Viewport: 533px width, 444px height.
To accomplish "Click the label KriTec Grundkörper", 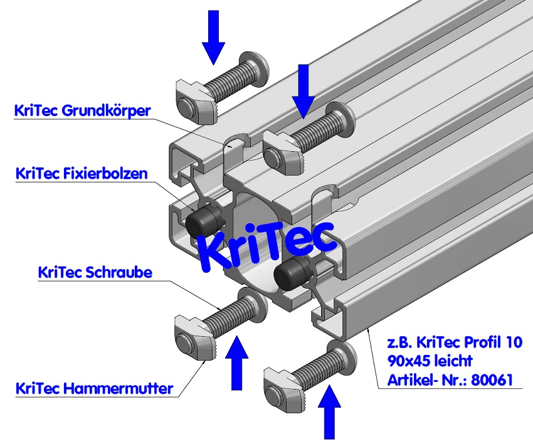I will pos(82,112).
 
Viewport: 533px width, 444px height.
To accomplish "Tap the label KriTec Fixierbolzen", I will pos(81,173).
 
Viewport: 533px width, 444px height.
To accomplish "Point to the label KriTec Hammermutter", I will pos(94,388).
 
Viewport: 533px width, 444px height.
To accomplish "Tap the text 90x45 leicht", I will pos(430,361).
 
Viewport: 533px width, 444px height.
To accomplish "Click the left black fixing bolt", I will pos(204,220).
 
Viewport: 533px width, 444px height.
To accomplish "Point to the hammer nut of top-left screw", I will pos(191,97).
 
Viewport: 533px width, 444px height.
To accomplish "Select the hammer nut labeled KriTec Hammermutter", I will pos(192,337).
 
